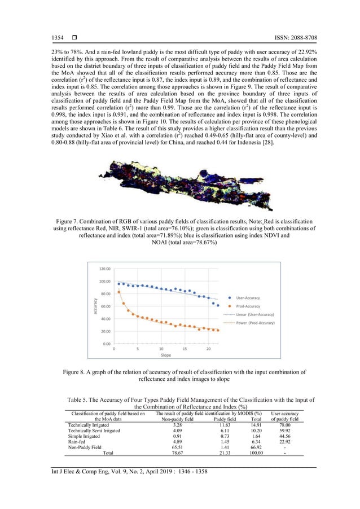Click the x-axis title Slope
166,356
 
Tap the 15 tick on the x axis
185,349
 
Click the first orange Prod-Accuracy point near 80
119,292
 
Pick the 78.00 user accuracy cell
284,425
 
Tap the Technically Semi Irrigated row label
94,431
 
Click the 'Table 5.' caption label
81,400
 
